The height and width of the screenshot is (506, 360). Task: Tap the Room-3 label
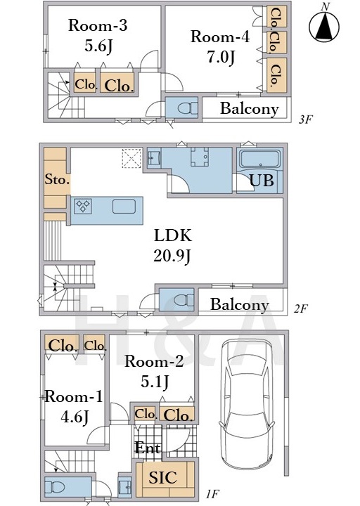[98, 25]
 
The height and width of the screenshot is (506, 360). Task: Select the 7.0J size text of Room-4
[221, 57]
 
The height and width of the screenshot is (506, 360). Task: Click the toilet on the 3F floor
[187, 108]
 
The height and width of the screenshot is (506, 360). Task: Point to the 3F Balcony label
[249, 109]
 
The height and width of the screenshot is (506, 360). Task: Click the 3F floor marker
[305, 119]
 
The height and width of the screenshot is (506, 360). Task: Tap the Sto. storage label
[57, 179]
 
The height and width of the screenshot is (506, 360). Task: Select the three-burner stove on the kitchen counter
[83, 207]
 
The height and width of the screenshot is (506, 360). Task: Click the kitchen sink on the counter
[124, 207]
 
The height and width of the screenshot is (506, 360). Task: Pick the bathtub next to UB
[259, 159]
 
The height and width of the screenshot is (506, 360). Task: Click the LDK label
[173, 235]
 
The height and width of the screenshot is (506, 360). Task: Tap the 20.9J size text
[172, 257]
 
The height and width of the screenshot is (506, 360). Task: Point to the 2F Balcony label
[240, 304]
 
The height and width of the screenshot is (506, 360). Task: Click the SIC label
[162, 477]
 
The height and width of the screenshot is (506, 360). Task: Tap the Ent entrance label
[147, 448]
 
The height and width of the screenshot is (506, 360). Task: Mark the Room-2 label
[154, 361]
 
